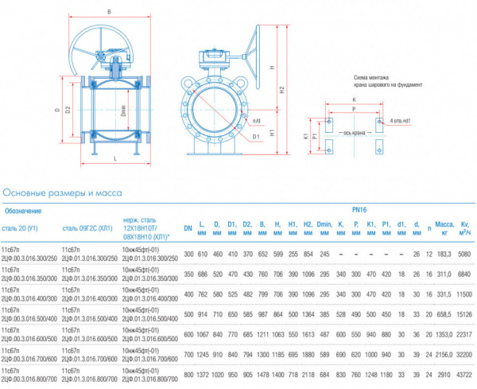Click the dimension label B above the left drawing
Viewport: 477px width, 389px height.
pos(108,12)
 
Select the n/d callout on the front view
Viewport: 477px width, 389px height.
pos(255,121)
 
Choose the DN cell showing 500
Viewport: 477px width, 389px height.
pos(188,314)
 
